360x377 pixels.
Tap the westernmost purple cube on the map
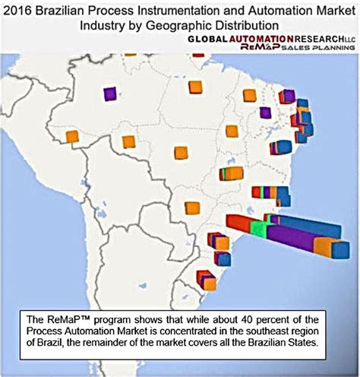point(110,93)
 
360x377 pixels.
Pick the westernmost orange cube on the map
point(72,137)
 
